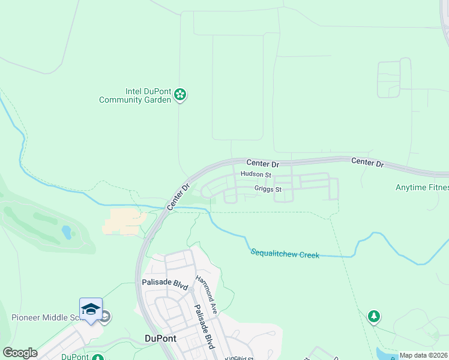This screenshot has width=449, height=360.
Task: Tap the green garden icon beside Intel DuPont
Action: click(180, 95)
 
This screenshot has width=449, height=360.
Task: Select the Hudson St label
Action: click(256, 175)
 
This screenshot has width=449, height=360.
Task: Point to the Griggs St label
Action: click(268, 189)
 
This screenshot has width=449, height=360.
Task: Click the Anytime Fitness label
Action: click(422, 188)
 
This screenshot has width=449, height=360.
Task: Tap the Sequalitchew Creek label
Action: click(285, 254)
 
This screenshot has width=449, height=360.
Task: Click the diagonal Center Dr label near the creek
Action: click(178, 197)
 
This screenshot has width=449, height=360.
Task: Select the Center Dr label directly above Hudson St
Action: click(263, 163)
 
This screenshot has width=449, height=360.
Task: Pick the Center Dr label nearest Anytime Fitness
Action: click(367, 162)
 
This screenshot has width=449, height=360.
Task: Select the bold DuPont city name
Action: click(161, 338)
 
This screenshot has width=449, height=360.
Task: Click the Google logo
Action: click(20, 353)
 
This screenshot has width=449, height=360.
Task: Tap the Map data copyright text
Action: click(424, 355)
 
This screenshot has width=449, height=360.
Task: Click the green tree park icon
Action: click(374, 316)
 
